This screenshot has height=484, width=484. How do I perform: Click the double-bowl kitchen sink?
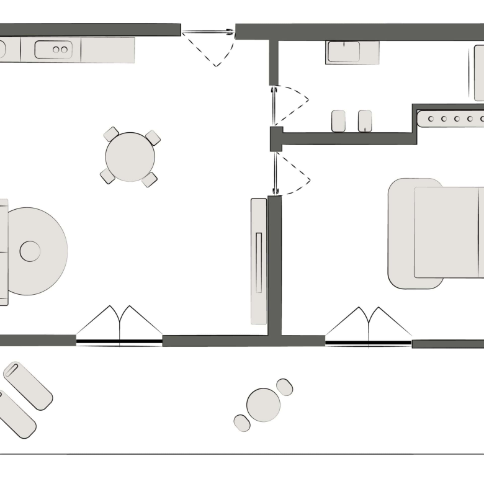(53, 50)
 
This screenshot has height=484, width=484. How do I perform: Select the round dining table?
(130, 157)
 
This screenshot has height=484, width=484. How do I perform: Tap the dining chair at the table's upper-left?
(111, 134)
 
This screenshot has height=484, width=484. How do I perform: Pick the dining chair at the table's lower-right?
(149, 180)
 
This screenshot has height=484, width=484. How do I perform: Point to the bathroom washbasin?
(344, 52)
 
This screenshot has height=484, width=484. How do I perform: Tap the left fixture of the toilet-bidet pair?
(338, 121)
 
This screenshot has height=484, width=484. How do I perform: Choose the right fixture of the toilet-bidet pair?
(365, 121)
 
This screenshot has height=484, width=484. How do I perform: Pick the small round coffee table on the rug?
(30, 251)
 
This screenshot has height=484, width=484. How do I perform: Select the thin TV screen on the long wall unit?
(259, 261)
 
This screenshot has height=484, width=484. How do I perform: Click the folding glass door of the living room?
(119, 326)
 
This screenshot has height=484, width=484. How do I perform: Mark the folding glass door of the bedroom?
(369, 327)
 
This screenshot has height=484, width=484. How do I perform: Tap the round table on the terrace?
(263, 405)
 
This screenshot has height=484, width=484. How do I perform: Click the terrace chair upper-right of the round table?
(285, 387)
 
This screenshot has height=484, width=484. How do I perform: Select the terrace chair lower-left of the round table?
(242, 423)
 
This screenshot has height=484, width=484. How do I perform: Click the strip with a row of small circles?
(451, 118)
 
